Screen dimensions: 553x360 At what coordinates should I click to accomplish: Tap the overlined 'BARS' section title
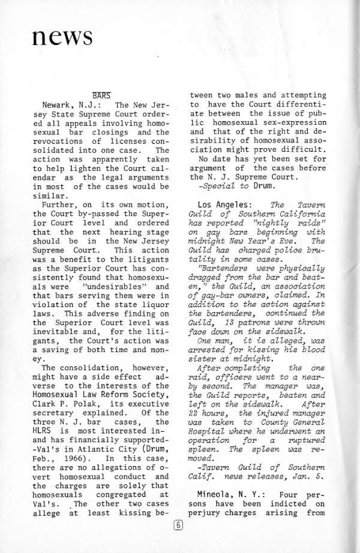pos(101,95)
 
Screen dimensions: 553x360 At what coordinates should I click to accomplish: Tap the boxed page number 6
pos(178,526)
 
